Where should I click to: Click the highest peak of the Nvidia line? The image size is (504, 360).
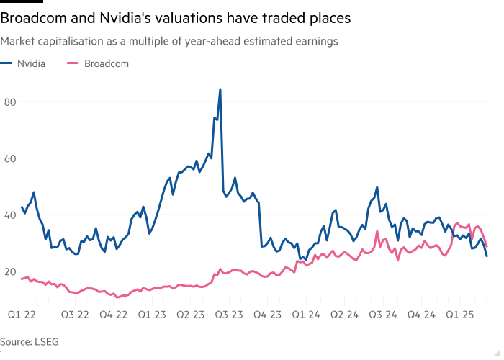tap(220, 89)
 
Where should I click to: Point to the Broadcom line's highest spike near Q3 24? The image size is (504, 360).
tap(377, 232)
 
